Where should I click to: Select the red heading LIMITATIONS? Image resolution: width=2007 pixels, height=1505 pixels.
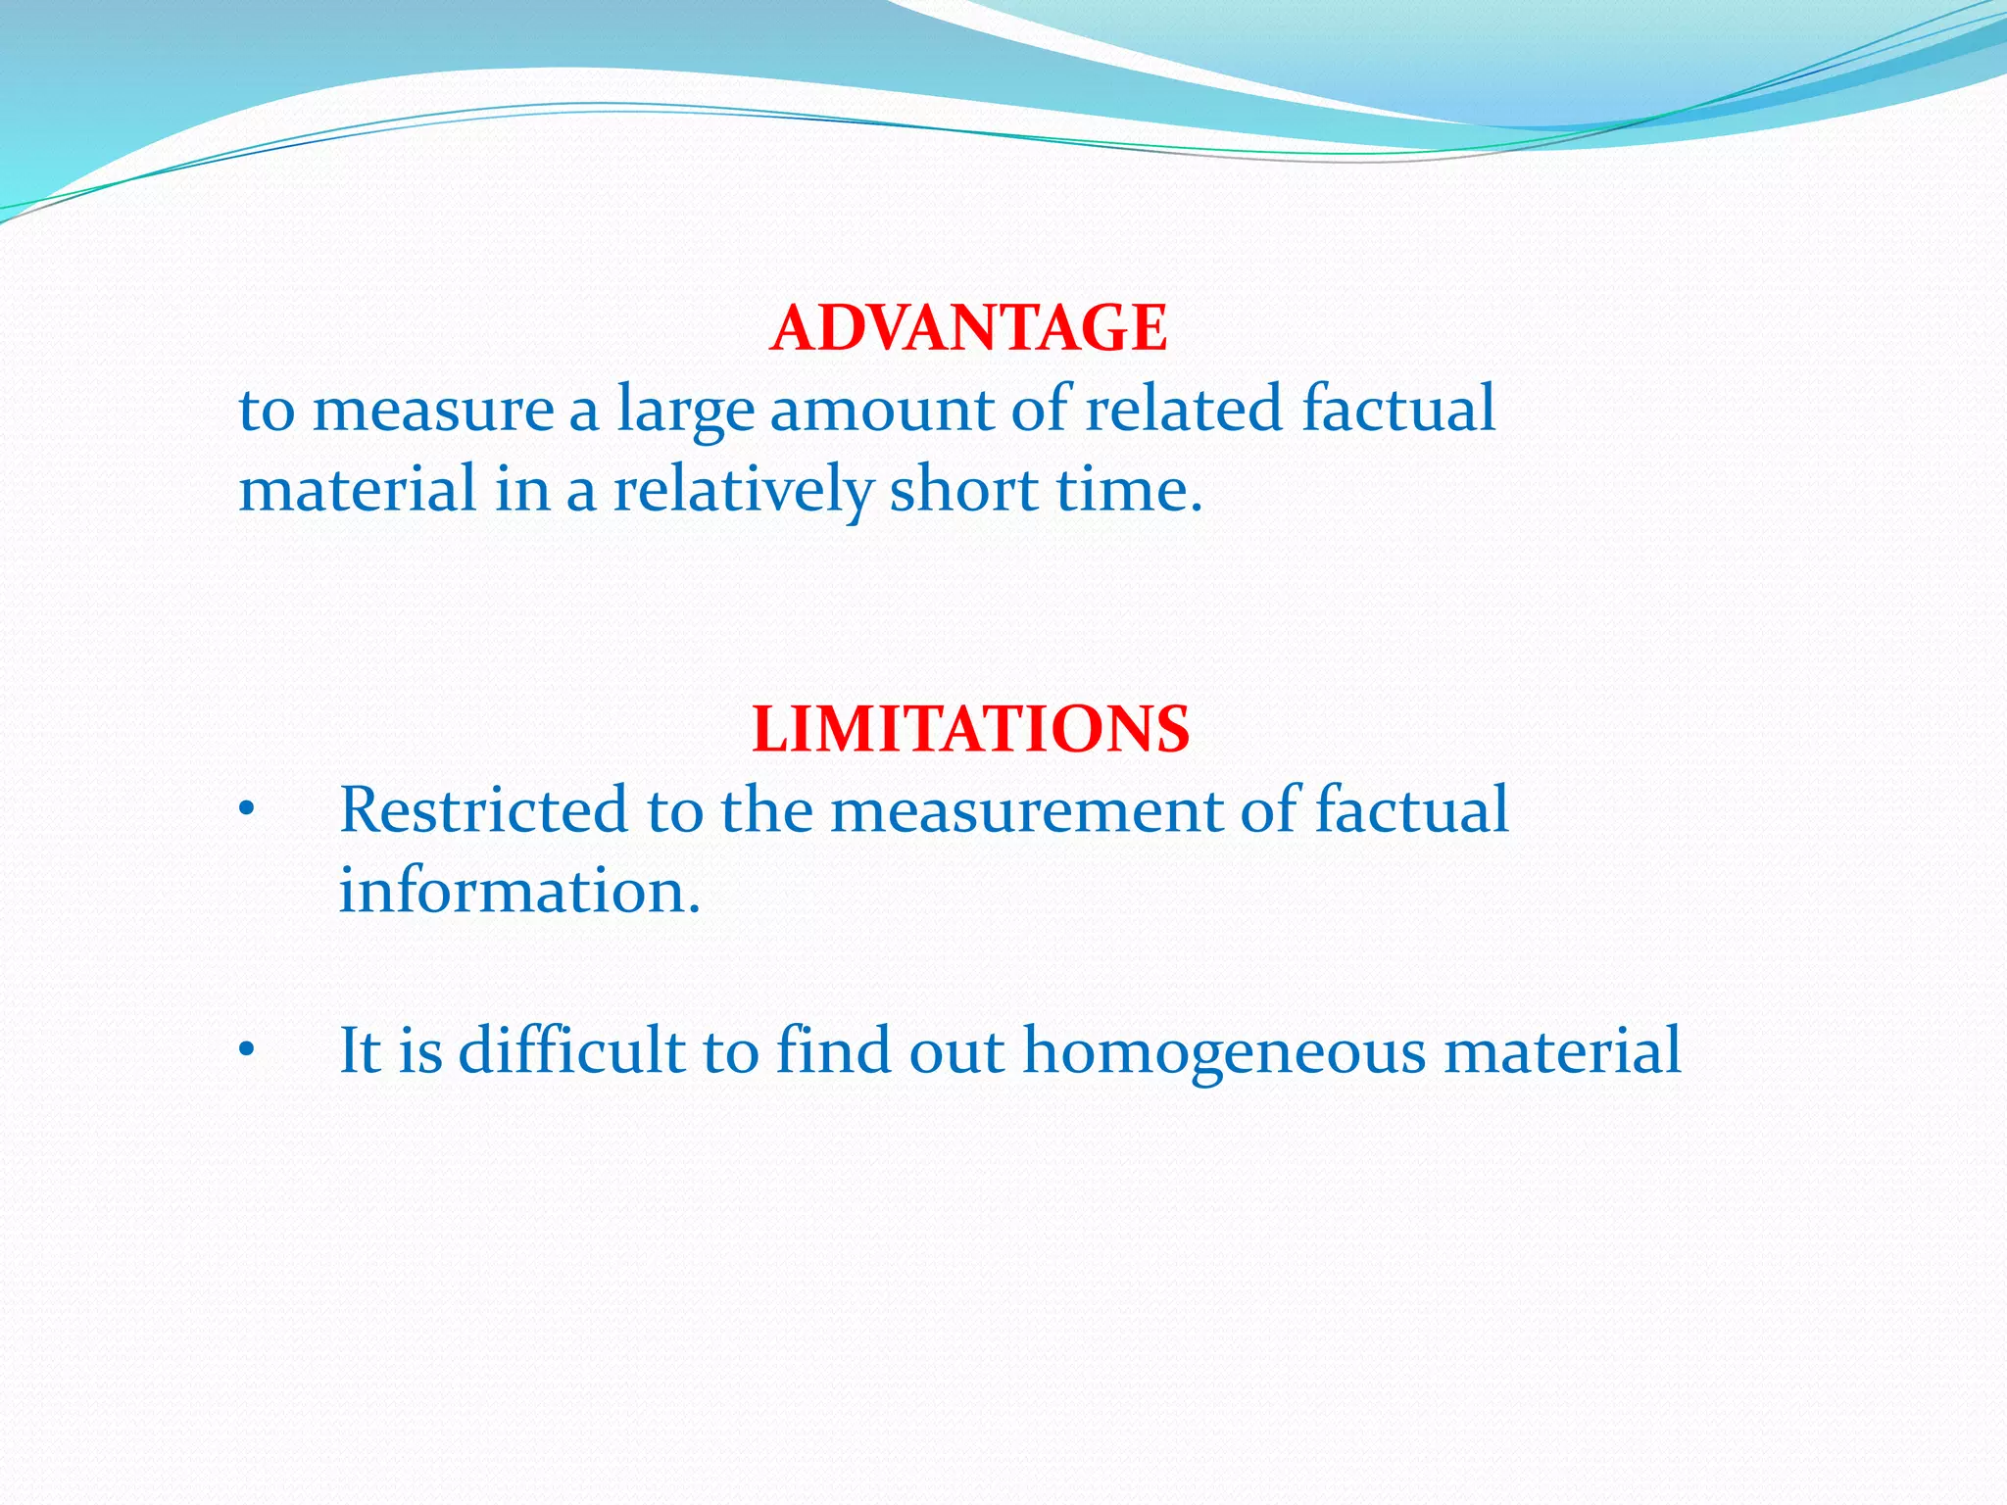pyautogui.click(x=970, y=730)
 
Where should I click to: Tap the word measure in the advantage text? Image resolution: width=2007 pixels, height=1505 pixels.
pyautogui.click(x=433, y=411)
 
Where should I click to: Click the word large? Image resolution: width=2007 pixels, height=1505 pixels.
pyautogui.click(x=685, y=411)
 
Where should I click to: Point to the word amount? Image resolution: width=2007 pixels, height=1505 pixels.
pyautogui.click(x=880, y=409)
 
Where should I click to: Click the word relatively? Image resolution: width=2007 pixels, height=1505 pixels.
pyautogui.click(x=742, y=490)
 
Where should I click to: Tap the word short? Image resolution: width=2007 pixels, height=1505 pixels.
pyautogui.click(x=963, y=489)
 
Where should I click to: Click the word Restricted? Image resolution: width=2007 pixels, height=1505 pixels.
pyautogui.click(x=483, y=810)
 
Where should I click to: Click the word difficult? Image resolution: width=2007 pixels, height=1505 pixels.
pyautogui.click(x=571, y=1050)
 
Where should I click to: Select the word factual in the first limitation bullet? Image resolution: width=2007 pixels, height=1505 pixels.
pyautogui.click(x=1411, y=810)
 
